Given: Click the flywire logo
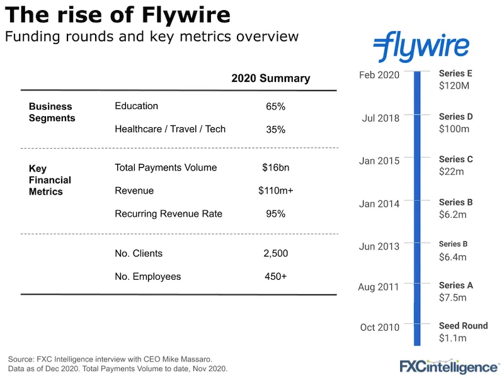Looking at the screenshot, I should click(421, 47).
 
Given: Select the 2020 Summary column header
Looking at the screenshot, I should click(270, 79).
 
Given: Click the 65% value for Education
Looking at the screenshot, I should click(275, 107).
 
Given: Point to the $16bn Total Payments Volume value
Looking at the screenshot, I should click(275, 168).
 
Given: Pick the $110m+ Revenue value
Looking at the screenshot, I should click(275, 191).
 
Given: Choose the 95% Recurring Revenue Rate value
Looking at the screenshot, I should click(275, 214).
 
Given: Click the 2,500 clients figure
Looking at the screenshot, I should click(275, 254).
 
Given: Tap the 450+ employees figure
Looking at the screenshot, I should click(275, 277).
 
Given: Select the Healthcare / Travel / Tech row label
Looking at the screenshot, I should click(170, 129).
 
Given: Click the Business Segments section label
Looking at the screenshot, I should click(52, 112).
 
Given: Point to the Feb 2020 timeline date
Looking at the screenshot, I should click(379, 76).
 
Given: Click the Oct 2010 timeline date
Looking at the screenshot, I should click(379, 328).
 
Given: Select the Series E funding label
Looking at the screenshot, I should click(455, 74).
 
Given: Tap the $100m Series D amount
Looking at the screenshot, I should click(454, 129).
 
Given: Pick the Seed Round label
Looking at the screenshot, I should click(463, 326).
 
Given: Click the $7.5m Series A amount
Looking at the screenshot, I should click(452, 298).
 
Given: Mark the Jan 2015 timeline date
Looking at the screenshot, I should click(379, 161).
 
